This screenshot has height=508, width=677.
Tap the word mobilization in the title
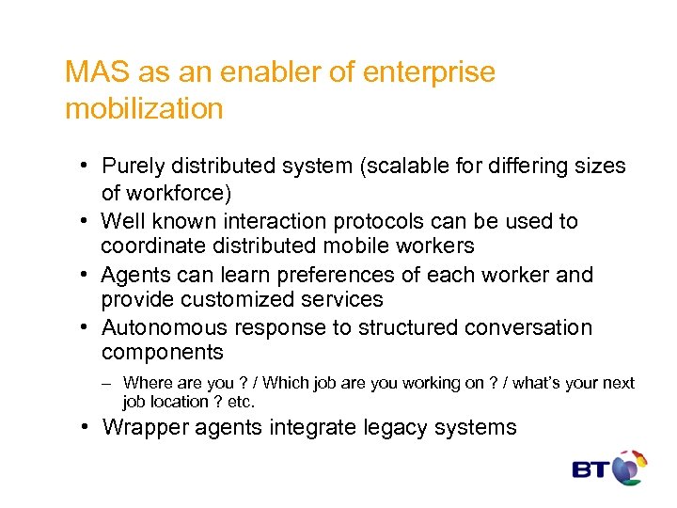point(144,108)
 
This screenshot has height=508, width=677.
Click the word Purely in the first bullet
point(133,167)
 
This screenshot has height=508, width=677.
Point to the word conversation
point(526,328)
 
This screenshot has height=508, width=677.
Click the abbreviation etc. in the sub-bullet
point(242,402)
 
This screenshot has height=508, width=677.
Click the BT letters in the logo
point(591,468)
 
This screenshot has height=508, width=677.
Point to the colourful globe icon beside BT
point(630,467)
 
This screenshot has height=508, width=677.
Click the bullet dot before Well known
point(85,222)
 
